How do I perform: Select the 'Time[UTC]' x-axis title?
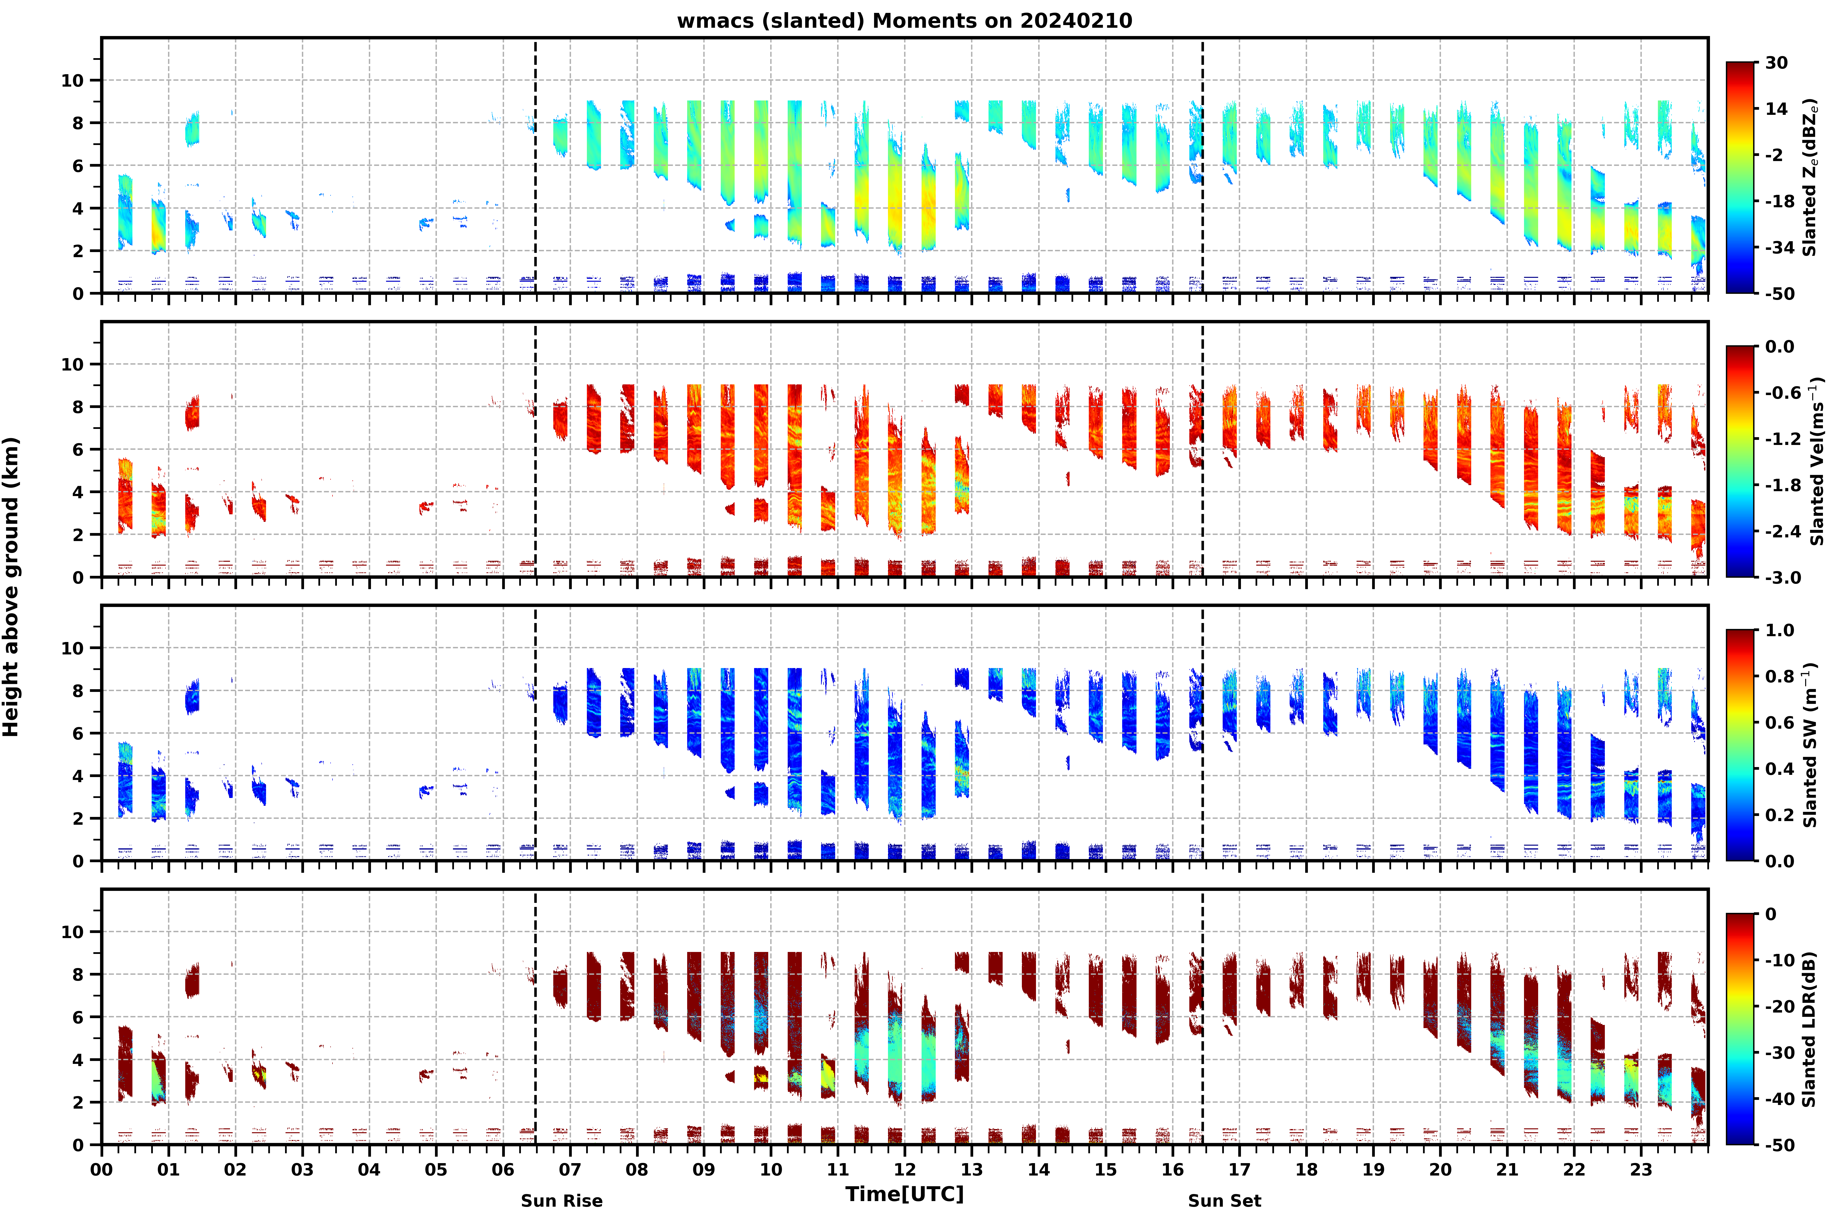904,1194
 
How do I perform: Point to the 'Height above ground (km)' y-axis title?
11,587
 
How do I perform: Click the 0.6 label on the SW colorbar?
1780,723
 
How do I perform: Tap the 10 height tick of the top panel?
72,80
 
